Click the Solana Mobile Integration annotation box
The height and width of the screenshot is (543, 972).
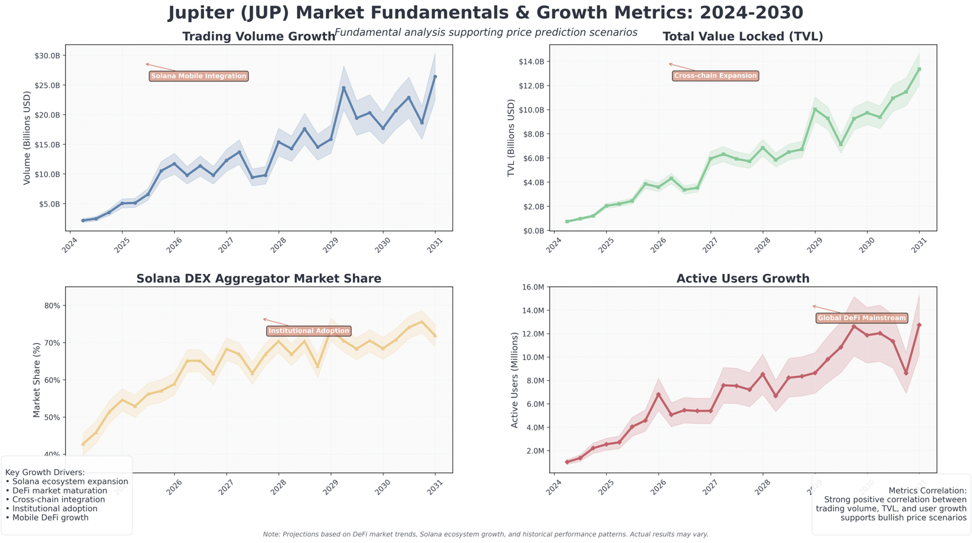tap(199, 77)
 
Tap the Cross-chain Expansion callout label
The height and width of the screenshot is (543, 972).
tap(716, 76)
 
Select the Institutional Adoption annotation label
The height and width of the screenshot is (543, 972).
tap(309, 331)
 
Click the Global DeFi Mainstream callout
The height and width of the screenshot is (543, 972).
tap(861, 318)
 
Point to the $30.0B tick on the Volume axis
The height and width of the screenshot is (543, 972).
tap(47, 56)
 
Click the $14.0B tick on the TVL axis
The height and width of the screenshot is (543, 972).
tap(530, 62)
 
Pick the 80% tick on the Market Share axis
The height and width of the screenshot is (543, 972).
tap(52, 306)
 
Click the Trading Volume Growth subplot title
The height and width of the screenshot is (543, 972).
tap(258, 36)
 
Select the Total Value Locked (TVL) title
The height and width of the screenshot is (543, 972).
tap(742, 36)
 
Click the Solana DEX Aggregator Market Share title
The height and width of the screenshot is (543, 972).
tap(258, 279)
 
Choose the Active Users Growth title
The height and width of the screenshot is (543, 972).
tap(742, 279)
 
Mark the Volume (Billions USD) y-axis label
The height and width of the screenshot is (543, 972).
tap(27, 138)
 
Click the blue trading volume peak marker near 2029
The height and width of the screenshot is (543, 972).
tap(344, 88)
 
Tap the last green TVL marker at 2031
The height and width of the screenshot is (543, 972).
tap(919, 69)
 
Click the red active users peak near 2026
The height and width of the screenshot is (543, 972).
tap(658, 395)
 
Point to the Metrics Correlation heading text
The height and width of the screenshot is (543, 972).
tap(927, 491)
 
